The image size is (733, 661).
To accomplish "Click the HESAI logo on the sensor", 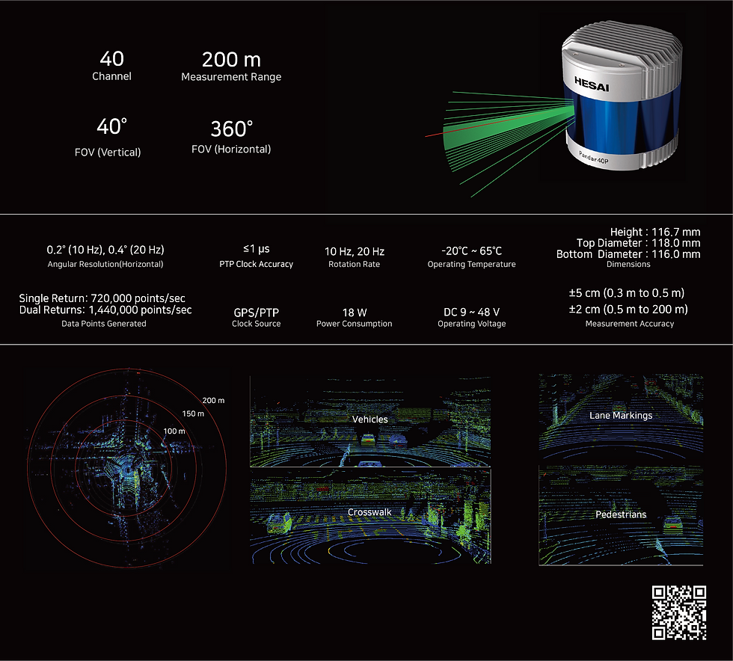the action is coord(592,84).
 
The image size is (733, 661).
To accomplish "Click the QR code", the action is coord(679,612).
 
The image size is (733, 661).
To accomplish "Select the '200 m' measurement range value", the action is coord(231,60).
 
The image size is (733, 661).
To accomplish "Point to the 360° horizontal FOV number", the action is coord(231,129).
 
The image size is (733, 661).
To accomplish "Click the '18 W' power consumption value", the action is coord(355,313).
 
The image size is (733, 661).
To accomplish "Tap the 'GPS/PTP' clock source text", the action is coord(256,313).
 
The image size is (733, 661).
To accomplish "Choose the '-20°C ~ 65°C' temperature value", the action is coord(472,251).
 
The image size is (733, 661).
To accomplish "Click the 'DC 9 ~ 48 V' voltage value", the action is coord(472,312).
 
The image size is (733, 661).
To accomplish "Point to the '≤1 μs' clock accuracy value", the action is coord(256,249).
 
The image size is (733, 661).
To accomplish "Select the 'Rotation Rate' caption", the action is coord(354,264).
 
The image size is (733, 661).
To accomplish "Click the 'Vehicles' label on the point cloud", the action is coord(369,419).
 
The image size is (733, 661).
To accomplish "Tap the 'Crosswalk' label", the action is coord(369,512).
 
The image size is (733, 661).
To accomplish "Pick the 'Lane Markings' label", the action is coord(621,416).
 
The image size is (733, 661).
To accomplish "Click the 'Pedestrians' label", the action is coord(621,514).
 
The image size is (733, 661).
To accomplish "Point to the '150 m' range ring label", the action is coord(193,413).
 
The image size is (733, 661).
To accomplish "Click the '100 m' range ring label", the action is coord(174,431).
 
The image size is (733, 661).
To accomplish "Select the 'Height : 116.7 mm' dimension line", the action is coord(655,232).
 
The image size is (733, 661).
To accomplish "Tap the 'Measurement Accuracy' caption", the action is coord(630,324).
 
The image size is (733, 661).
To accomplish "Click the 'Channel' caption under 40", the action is coord(111,76).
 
